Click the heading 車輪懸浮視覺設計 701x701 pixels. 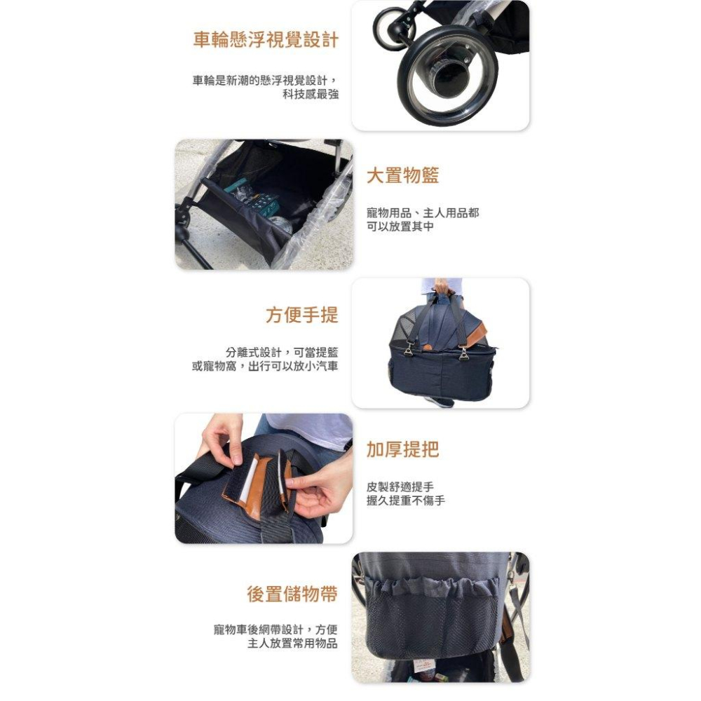(266, 40)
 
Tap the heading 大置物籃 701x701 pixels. (403, 175)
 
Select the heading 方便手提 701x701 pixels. (301, 315)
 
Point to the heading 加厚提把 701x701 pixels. (403, 449)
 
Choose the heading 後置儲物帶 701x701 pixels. (292, 594)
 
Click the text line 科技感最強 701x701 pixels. (311, 94)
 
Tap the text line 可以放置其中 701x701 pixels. (400, 226)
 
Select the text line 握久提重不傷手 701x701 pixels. (406, 501)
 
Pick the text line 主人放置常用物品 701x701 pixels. (292, 644)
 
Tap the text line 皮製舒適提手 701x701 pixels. (400, 486)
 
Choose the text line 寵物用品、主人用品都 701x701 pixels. (423, 212)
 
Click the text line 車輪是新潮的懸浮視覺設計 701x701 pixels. (265, 80)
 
